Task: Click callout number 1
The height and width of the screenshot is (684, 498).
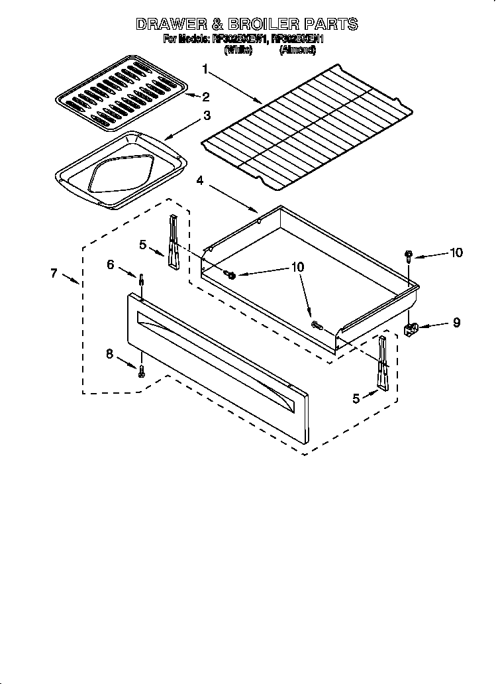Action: coord(205,69)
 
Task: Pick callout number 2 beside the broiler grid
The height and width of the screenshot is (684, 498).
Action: coord(206,96)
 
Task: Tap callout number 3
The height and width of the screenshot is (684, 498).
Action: coord(207,116)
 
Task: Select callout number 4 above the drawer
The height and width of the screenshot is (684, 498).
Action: coord(199,180)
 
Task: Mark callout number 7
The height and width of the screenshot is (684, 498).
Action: coord(55,273)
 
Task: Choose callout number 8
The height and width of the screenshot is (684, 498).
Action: coord(110,353)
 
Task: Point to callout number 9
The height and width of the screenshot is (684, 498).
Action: coord(456,323)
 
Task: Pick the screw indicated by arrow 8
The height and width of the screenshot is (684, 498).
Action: coord(141,371)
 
